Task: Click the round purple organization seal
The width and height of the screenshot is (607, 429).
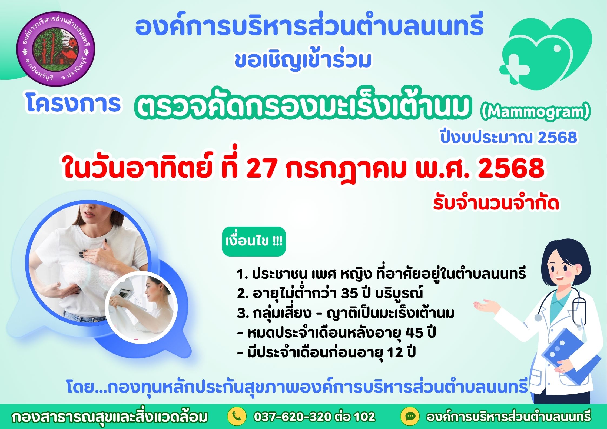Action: point(56,49)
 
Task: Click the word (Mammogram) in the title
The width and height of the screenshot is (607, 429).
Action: point(535,113)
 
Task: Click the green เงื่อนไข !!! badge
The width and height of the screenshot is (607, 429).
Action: point(254,241)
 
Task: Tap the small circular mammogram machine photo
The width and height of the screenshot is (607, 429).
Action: point(141,307)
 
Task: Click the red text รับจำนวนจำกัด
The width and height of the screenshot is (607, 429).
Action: point(496,203)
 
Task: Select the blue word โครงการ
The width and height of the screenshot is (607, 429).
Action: point(73,104)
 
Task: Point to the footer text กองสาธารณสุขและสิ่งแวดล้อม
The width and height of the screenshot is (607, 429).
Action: point(110,417)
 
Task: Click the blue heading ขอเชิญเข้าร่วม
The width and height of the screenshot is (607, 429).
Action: point(303,61)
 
